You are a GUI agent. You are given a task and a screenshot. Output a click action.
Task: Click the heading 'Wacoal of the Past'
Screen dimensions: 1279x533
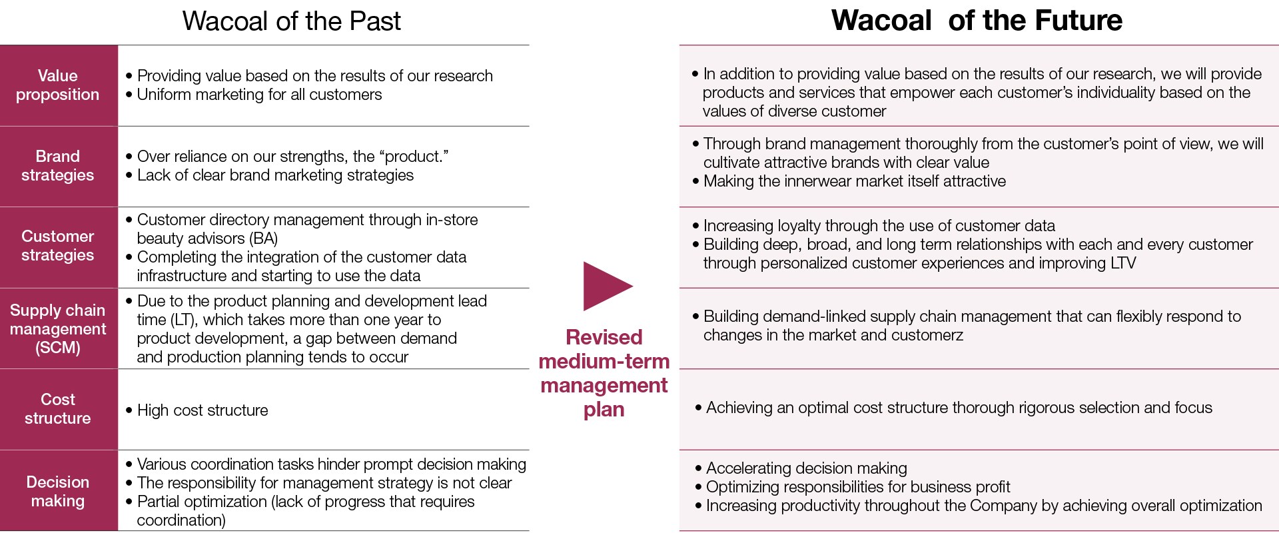click(x=291, y=21)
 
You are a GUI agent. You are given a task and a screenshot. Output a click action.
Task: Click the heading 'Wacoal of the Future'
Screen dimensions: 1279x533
click(x=977, y=21)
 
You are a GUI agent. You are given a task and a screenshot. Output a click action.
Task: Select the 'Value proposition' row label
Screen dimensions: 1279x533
click(x=58, y=85)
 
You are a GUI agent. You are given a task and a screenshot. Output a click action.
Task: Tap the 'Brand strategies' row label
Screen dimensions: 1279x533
click(x=58, y=166)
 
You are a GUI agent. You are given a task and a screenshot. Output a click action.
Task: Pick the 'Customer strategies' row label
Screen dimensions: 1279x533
click(x=58, y=246)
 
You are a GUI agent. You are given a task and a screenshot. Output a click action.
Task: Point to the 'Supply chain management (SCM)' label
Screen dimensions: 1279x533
click(x=58, y=329)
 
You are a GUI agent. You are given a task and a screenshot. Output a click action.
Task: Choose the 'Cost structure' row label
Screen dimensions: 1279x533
click(x=58, y=409)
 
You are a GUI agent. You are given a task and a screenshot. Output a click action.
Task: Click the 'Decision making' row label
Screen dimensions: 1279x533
click(x=58, y=492)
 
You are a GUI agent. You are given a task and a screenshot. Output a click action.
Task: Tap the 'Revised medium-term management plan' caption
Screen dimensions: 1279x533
click(x=604, y=373)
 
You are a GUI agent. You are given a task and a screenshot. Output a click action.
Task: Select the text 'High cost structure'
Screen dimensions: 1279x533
click(x=203, y=410)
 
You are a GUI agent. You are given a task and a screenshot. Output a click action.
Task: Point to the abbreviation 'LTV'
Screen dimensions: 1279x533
click(x=1123, y=263)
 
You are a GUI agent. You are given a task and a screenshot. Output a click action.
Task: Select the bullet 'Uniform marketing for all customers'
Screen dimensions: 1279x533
click(x=254, y=95)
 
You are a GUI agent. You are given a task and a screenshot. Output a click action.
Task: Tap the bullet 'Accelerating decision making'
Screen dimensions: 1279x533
click(x=801, y=468)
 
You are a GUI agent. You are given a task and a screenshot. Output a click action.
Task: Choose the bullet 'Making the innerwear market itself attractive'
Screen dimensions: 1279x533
click(x=849, y=181)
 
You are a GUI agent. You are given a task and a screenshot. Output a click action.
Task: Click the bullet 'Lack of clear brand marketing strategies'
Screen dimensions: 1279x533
click(x=270, y=175)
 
